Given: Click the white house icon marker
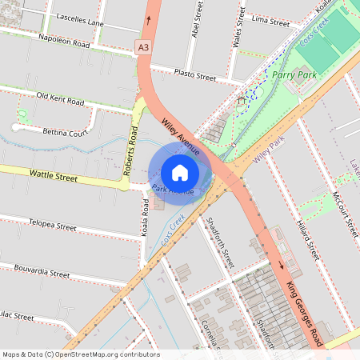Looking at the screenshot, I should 180,173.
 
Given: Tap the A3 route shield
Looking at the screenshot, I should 143,48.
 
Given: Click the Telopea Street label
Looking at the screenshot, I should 52,225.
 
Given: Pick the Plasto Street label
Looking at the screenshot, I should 195,75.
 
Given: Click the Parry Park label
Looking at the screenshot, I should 294,74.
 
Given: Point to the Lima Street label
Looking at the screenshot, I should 270,21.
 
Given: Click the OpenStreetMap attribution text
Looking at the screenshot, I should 81,354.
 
